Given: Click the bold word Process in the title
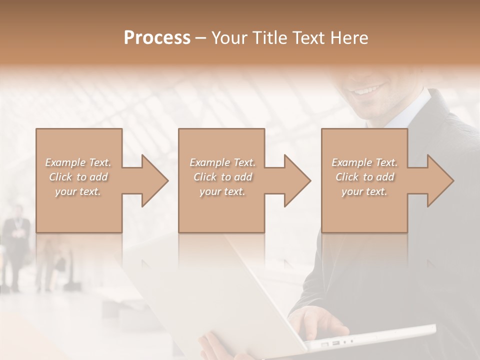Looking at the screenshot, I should [x=157, y=38].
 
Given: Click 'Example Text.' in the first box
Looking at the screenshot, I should [x=78, y=162].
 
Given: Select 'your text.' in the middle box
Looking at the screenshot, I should [x=222, y=191].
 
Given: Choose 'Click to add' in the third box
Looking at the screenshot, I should [x=364, y=177].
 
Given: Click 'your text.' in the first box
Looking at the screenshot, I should [x=78, y=191].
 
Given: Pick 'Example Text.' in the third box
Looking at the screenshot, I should [x=364, y=162].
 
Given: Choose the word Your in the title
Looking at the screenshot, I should [x=228, y=38].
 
